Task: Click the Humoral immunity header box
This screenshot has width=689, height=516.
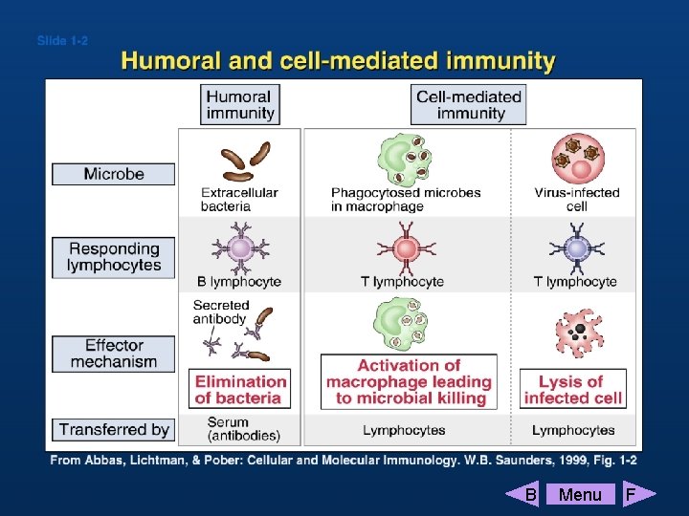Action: [x=239, y=104]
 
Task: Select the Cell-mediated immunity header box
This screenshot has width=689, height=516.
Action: [x=469, y=104]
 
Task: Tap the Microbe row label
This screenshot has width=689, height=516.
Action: [x=114, y=174]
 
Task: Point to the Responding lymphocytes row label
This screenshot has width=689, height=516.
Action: [x=114, y=257]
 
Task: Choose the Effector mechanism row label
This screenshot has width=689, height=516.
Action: [x=114, y=354]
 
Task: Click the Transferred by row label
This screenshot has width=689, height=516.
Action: [x=114, y=430]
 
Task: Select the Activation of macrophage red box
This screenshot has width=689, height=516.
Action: [x=409, y=381]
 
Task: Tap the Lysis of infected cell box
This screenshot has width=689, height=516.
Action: [x=573, y=389]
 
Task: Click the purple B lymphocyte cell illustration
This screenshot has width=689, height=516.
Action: [x=240, y=248]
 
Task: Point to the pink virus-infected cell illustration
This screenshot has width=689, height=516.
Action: [x=577, y=156]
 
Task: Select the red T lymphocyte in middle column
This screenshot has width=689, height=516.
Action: [x=407, y=249]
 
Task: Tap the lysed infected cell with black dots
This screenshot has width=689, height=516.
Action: [x=577, y=333]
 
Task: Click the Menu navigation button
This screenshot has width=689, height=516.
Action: [x=580, y=494]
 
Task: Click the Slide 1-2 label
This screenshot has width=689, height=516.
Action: [x=62, y=41]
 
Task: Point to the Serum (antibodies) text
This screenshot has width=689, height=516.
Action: [x=243, y=429]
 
